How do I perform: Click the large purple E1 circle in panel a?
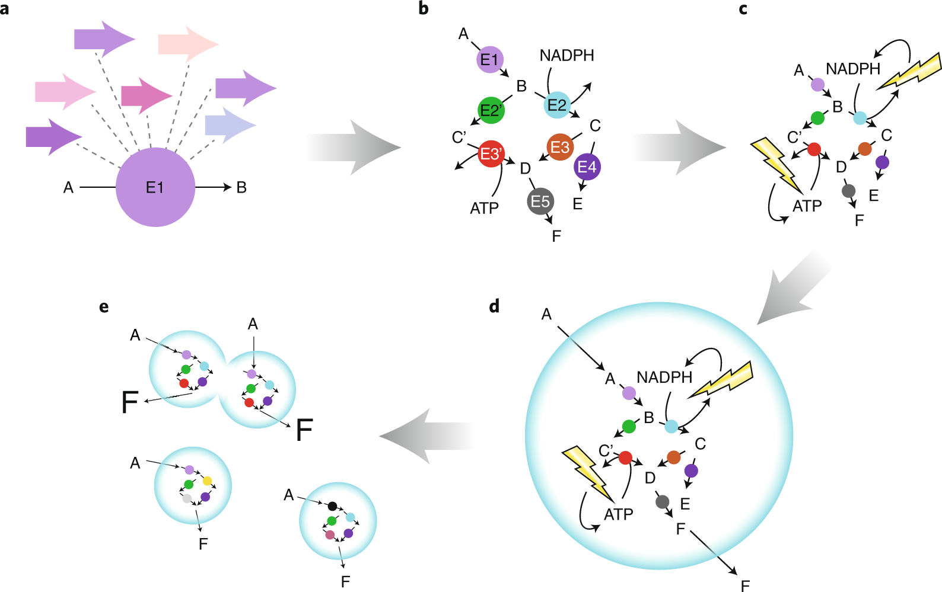coord(155,187)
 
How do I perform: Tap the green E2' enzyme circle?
coord(491,110)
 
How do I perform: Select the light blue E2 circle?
coord(557,105)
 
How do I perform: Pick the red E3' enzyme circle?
coord(491,154)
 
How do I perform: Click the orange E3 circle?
coord(560,147)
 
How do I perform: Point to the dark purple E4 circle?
coord(587,167)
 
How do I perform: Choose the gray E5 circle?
coord(540,201)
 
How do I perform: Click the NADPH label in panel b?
coord(567,56)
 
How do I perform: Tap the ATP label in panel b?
coord(484,209)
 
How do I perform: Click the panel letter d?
coord(494,306)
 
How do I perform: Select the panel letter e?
coord(104,307)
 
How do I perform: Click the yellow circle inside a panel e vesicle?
coord(207,481)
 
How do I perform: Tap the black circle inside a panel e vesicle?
coord(333,506)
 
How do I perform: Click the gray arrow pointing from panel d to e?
coord(427,436)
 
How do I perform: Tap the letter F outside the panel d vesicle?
coord(746,585)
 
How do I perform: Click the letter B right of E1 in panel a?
coord(241,188)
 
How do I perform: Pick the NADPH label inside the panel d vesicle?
coord(664,377)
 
